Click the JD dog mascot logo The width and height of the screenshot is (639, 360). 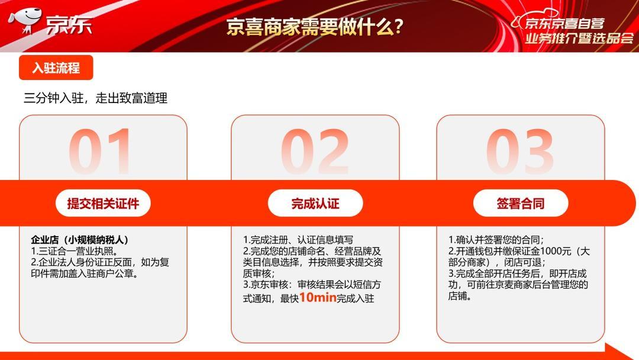[25, 20]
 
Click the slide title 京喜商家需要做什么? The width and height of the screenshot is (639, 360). [315, 27]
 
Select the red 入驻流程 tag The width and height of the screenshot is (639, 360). [56, 67]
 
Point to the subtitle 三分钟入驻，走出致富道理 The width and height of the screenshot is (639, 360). [95, 98]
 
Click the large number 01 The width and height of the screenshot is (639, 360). [100, 151]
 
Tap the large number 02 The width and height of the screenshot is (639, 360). [315, 151]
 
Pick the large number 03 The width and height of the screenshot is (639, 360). [520, 151]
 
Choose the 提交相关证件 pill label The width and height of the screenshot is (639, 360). [103, 203]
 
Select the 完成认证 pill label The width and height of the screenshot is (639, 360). [315, 203]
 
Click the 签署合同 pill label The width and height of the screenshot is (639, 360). [521, 203]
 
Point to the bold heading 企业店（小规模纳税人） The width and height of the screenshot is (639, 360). [80, 240]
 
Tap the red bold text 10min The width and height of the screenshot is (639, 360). [318, 297]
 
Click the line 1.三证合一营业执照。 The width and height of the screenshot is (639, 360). [75, 251]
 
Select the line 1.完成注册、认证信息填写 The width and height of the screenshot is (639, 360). [298, 240]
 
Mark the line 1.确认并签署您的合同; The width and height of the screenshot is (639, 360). [496, 240]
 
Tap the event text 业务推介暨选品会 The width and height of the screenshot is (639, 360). [579, 38]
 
